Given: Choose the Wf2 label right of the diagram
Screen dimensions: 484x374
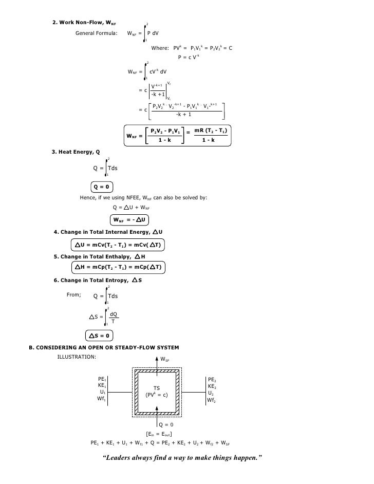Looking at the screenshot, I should pos(212,399).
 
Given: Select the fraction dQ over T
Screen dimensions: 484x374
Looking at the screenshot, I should pos(113,317).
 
